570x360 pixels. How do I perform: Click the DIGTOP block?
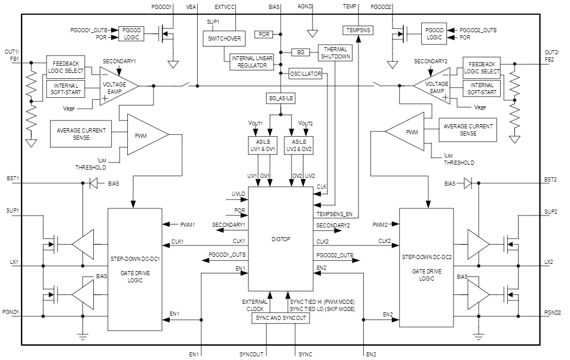tap(281, 239)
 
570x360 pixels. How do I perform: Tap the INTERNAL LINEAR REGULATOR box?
tap(256, 61)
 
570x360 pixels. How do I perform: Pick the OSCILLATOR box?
tap(305, 74)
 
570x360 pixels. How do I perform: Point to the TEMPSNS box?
tap(358, 29)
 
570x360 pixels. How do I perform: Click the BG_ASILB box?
tap(281, 98)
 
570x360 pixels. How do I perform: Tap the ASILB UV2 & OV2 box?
tap(301, 145)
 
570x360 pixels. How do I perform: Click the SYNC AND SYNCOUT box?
tap(281, 318)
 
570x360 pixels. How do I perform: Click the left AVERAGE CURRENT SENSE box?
tap(81, 134)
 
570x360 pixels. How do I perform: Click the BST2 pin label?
tap(551, 179)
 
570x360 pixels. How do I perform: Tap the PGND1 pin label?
tap(11, 313)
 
